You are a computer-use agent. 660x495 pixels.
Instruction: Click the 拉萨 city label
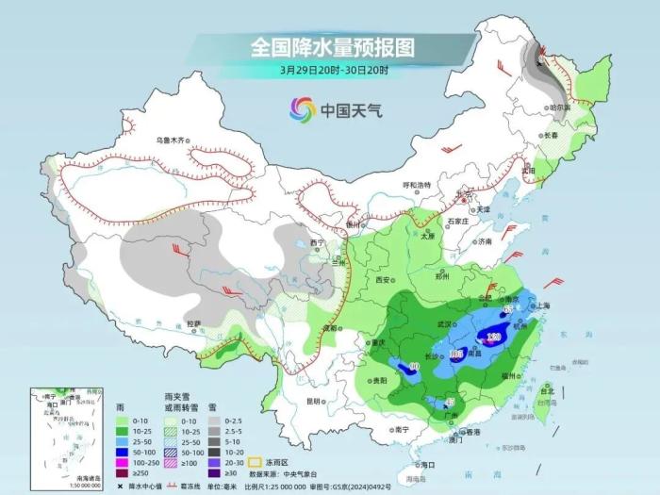click(x=193, y=323)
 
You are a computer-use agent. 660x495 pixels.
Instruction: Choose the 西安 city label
click(x=381, y=280)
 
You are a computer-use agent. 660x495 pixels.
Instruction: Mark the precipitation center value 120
click(x=493, y=337)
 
